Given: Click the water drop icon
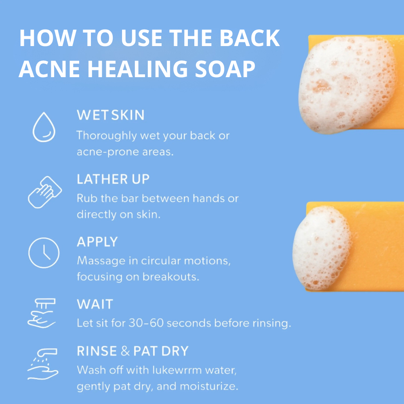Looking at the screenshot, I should pyautogui.click(x=43, y=126).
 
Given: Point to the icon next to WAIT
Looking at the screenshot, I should pyautogui.click(x=42, y=313).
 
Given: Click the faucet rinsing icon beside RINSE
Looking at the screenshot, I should pyautogui.click(x=42, y=364).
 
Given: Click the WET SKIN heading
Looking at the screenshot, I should pyautogui.click(x=110, y=115).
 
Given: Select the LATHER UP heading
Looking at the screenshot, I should pyautogui.click(x=113, y=179).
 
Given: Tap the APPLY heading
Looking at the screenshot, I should pyautogui.click(x=97, y=242).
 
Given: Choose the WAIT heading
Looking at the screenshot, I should pyautogui.click(x=95, y=304).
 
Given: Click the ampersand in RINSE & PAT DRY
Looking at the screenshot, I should pyautogui.click(x=125, y=351).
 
